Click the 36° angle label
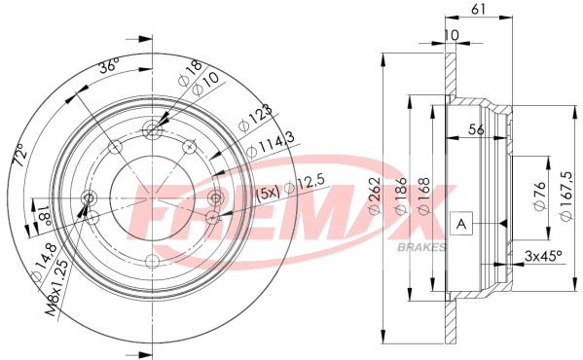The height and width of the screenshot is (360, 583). [108, 67]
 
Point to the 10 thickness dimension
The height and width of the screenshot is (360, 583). [451, 37]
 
